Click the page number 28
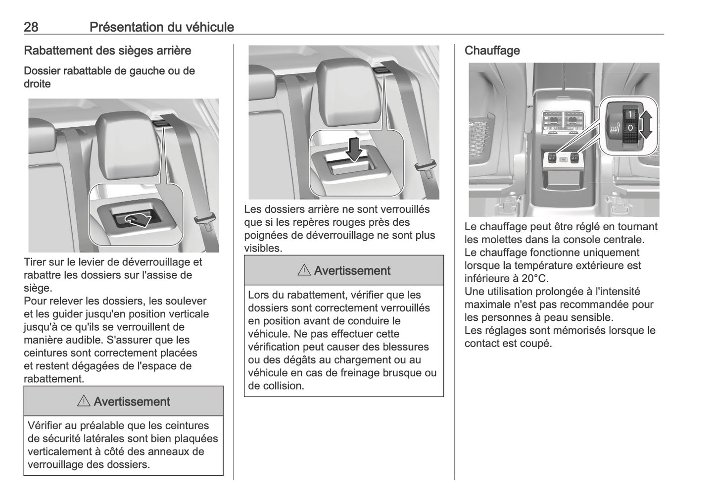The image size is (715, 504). [31, 27]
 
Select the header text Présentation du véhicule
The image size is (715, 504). [161, 27]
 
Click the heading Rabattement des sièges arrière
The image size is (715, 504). [107, 50]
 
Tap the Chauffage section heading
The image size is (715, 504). [492, 50]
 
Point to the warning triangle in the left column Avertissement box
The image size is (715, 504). [83, 402]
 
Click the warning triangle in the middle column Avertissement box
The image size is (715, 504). [304, 271]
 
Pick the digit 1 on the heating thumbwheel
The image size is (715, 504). [630, 114]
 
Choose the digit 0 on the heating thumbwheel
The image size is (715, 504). [630, 128]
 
